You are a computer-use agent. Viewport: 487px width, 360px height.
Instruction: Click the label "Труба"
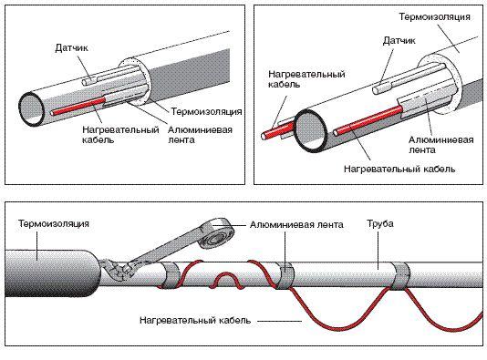coord(380,224)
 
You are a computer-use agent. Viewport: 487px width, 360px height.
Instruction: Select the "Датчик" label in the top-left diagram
coord(71,48)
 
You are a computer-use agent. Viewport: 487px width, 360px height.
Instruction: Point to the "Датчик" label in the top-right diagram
coord(399,41)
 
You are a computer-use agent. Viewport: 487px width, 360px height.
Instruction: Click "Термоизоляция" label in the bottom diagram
coord(54,223)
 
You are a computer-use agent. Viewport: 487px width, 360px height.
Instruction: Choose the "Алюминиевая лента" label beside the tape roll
coord(296,224)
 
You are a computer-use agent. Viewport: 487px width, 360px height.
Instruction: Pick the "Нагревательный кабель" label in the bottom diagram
coord(195,320)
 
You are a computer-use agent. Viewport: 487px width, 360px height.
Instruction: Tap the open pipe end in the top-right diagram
coord(311,131)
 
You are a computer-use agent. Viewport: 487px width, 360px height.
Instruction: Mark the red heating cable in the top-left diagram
coord(79,106)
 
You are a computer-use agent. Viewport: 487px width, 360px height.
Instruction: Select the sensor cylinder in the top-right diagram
coord(383,87)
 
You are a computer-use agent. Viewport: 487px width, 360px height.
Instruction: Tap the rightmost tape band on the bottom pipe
coord(400,276)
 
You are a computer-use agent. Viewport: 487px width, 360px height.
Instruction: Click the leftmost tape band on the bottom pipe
coord(171,275)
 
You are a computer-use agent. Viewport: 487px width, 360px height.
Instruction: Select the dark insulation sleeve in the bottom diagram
coord(52,273)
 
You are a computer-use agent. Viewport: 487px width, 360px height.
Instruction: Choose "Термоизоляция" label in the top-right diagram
coord(434,16)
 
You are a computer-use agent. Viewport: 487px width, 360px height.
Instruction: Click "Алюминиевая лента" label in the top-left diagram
coord(200,135)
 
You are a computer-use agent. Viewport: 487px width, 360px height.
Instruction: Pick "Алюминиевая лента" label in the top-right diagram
coord(441,145)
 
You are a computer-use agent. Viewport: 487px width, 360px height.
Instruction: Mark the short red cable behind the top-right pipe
coord(278,130)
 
